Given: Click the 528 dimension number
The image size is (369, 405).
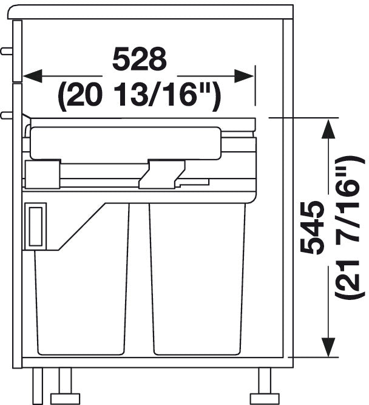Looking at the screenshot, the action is (140, 59).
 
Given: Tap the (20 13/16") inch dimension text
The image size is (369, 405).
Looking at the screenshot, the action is (140, 96).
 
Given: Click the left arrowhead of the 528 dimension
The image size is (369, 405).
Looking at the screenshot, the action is (33, 76).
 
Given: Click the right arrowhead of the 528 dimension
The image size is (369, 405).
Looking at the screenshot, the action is (244, 76).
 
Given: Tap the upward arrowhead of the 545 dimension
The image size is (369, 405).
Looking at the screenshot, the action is (328, 129).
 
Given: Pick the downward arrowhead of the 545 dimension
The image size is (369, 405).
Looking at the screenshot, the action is (328, 347).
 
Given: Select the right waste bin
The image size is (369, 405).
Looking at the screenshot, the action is (197, 279).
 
